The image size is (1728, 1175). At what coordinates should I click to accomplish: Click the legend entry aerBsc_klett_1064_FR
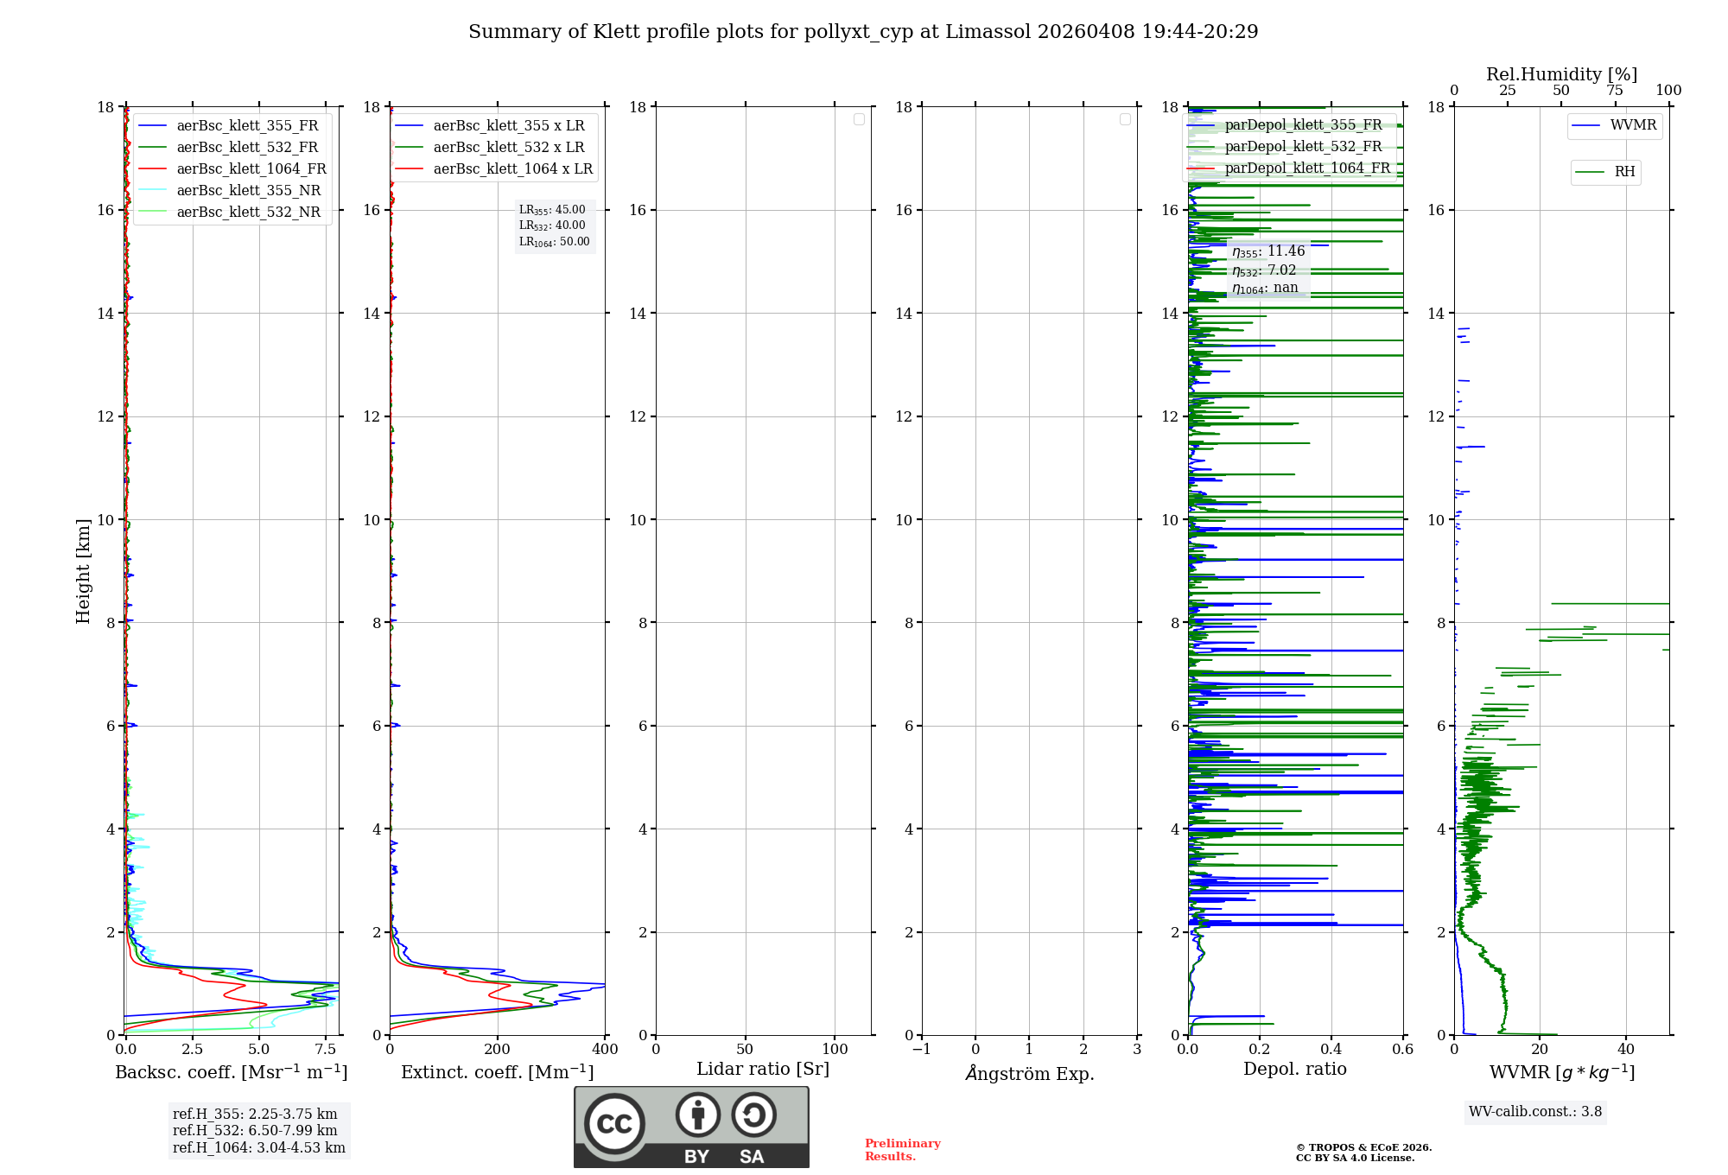point(251,169)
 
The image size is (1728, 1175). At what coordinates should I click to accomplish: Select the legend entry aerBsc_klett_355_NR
point(248,191)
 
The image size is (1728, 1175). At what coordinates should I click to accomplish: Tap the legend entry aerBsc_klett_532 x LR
point(508,148)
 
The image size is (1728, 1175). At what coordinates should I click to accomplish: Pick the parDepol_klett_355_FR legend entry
point(1303,125)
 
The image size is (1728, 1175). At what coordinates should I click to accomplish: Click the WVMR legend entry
point(1633,125)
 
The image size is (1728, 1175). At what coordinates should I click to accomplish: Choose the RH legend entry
point(1624,172)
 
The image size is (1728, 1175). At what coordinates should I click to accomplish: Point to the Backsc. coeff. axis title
point(231,1072)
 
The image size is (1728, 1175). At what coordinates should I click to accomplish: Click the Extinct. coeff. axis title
point(497,1072)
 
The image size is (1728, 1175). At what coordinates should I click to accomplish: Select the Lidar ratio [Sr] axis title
point(762,1069)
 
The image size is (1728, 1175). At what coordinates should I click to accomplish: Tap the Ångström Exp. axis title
point(1029,1073)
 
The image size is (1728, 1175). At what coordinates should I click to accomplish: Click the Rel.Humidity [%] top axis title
point(1561,74)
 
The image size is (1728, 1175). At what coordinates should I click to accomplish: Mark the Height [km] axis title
point(83,571)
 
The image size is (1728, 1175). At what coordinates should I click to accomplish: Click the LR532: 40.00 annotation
point(552,225)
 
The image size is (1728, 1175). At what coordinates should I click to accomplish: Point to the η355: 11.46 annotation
point(1268,251)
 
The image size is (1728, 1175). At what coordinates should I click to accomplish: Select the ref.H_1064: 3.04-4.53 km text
point(258,1147)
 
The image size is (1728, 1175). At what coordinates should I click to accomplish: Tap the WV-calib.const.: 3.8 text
point(1534,1112)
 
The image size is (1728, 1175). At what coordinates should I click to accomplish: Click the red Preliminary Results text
point(902,1150)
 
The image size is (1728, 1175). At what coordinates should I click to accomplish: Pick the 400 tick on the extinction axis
point(605,1050)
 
